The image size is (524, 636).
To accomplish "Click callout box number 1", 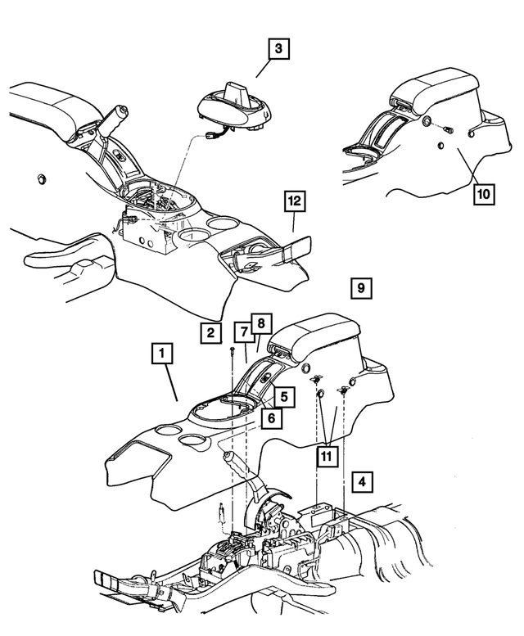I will (x=163, y=354).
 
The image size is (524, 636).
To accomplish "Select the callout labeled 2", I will (x=210, y=332).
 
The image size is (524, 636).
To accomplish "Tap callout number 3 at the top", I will (x=278, y=50).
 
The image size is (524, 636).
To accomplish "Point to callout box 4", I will (x=361, y=480).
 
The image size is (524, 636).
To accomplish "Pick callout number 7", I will (x=244, y=332).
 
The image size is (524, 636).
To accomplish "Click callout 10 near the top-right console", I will (x=483, y=194).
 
